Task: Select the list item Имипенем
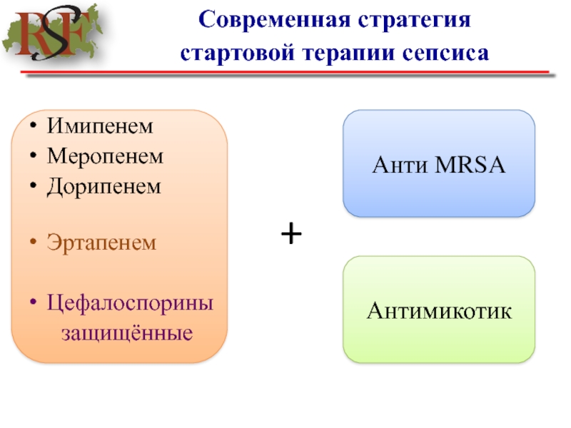click(100, 127)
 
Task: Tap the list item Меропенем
click(105, 156)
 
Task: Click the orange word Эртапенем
click(101, 243)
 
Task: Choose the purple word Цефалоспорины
click(131, 302)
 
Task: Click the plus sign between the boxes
click(290, 233)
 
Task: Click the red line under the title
click(285, 73)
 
